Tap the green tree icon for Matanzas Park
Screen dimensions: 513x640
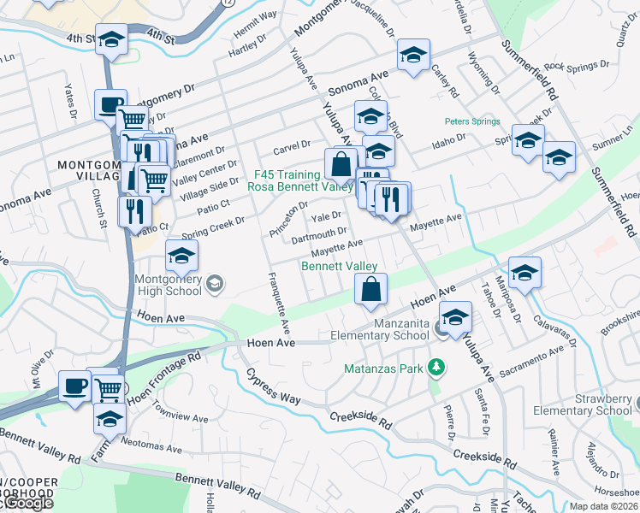pos(437,368)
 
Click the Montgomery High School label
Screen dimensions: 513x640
pos(168,285)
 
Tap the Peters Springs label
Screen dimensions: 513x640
pos(471,122)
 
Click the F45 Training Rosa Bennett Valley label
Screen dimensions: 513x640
pos(299,180)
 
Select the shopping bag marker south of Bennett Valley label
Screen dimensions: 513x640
pos(371,291)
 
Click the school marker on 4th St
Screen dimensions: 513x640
pos(111,41)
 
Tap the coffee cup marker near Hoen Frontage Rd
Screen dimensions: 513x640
pos(74,386)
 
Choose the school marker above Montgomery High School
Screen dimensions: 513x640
pos(181,256)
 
